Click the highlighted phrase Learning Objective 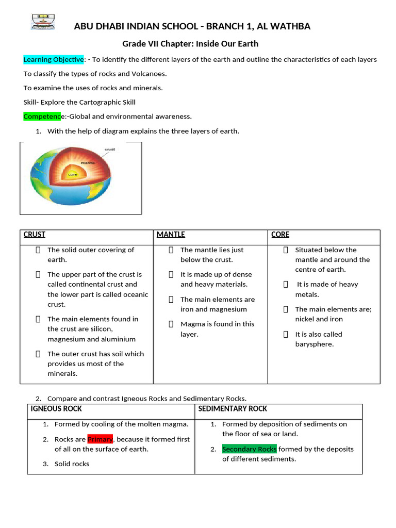pyautogui.click(x=54, y=59)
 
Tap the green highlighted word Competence pyautogui.click(x=42, y=116)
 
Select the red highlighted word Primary pyautogui.click(x=100, y=439)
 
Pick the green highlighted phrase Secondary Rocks pyautogui.click(x=250, y=449)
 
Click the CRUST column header pyautogui.click(x=35, y=235)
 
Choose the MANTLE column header pyautogui.click(x=171, y=235)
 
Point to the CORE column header pyautogui.click(x=280, y=235)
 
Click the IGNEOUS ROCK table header pyautogui.click(x=56, y=409)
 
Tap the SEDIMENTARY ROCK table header pyautogui.click(x=233, y=409)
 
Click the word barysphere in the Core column pyautogui.click(x=314, y=344)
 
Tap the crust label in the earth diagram pyautogui.click(x=109, y=149)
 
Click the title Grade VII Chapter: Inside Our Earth pyautogui.click(x=190, y=44)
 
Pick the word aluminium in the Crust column pyautogui.click(x=120, y=339)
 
